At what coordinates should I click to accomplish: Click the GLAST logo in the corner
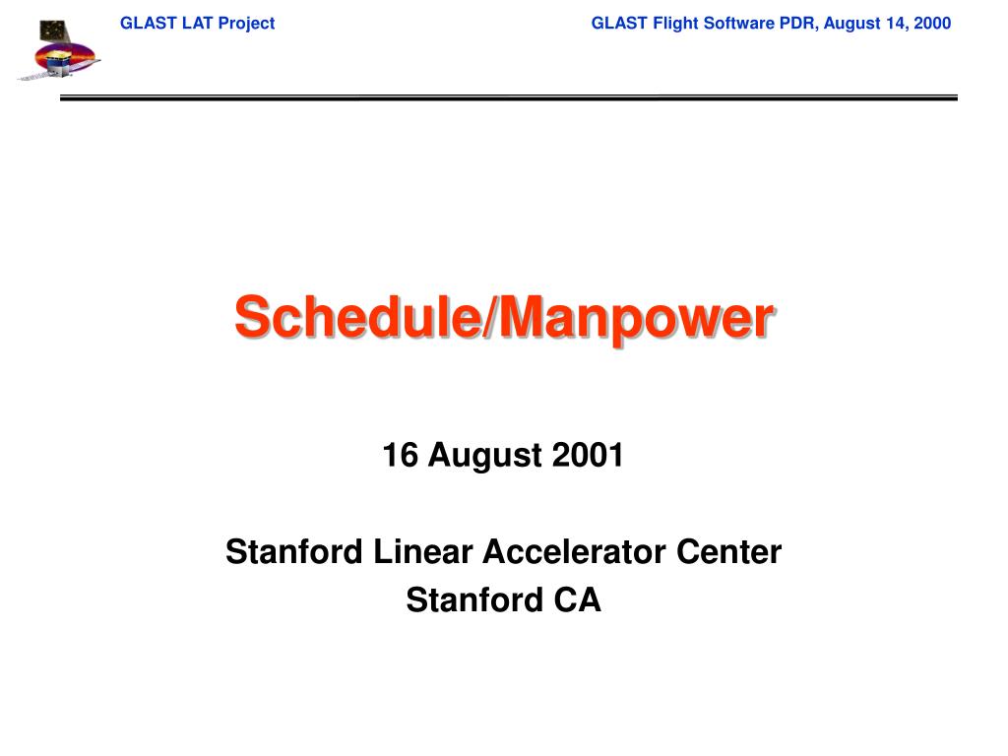pyautogui.click(x=58, y=49)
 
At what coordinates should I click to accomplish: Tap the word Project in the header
pyautogui.click(x=247, y=24)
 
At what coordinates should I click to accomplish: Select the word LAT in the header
pyautogui.click(x=197, y=24)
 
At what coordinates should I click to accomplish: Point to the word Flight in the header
pyautogui.click(x=675, y=24)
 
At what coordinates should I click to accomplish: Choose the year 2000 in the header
pyautogui.click(x=932, y=24)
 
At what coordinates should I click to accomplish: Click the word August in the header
pyautogui.click(x=852, y=24)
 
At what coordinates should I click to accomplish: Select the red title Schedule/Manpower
pyautogui.click(x=505, y=318)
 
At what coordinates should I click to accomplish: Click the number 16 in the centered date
pyautogui.click(x=400, y=455)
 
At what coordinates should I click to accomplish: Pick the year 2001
pyautogui.click(x=588, y=455)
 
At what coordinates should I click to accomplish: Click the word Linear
pyautogui.click(x=423, y=551)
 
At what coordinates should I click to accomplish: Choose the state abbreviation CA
pyautogui.click(x=577, y=599)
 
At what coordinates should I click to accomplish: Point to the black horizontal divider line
pyautogui.click(x=509, y=97)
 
